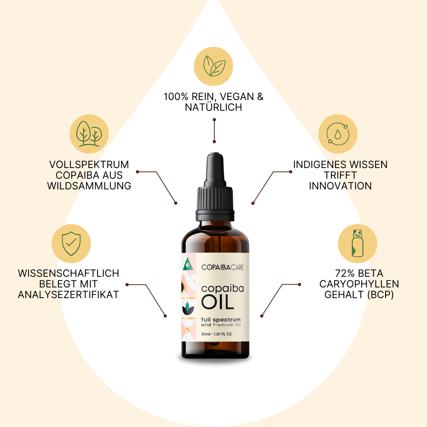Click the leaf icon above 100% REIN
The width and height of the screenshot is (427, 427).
tap(213, 66)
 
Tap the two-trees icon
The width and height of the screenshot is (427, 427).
tap(89, 134)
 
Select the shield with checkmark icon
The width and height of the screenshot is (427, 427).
tap(72, 244)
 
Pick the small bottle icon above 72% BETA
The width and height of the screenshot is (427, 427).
tap(358, 244)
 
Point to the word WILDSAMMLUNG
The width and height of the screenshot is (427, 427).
tap(89, 186)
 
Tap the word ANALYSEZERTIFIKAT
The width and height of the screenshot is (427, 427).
tap(68, 295)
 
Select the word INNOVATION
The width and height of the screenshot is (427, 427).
tap(340, 186)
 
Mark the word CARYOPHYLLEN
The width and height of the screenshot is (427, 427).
tap(359, 284)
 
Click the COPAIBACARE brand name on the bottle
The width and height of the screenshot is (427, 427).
tap(222, 268)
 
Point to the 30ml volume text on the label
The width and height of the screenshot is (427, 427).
tap(206, 334)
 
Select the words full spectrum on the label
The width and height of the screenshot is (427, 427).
tap(221, 319)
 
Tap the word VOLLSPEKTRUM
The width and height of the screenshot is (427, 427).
tap(89, 164)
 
